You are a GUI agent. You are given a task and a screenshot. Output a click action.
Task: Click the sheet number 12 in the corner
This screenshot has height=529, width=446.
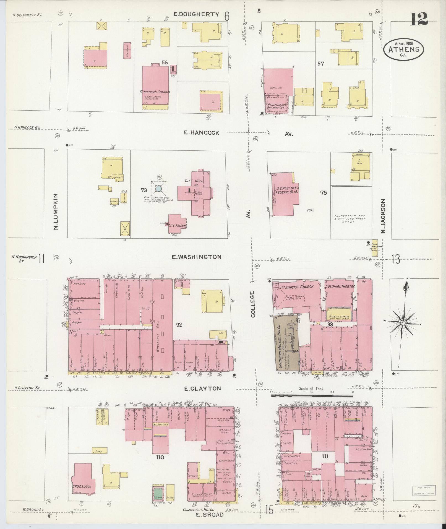(419, 19)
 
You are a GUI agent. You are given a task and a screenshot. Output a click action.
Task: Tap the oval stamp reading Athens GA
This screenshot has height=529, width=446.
(403, 49)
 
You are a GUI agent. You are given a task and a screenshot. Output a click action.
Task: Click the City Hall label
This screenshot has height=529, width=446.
(194, 181)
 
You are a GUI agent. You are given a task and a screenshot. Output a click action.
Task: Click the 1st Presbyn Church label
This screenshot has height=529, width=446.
(155, 92)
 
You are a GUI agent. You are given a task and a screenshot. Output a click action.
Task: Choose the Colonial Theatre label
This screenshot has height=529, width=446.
(340, 286)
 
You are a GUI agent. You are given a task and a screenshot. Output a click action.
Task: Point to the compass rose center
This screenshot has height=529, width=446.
(403, 323)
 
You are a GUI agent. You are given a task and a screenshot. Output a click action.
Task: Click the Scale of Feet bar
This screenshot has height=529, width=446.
(311, 396)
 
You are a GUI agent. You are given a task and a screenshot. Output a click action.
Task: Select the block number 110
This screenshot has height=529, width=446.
(160, 457)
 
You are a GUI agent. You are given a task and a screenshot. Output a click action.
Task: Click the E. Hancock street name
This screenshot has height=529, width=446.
(201, 133)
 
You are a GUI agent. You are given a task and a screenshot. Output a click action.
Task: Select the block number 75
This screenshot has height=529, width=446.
(323, 193)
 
